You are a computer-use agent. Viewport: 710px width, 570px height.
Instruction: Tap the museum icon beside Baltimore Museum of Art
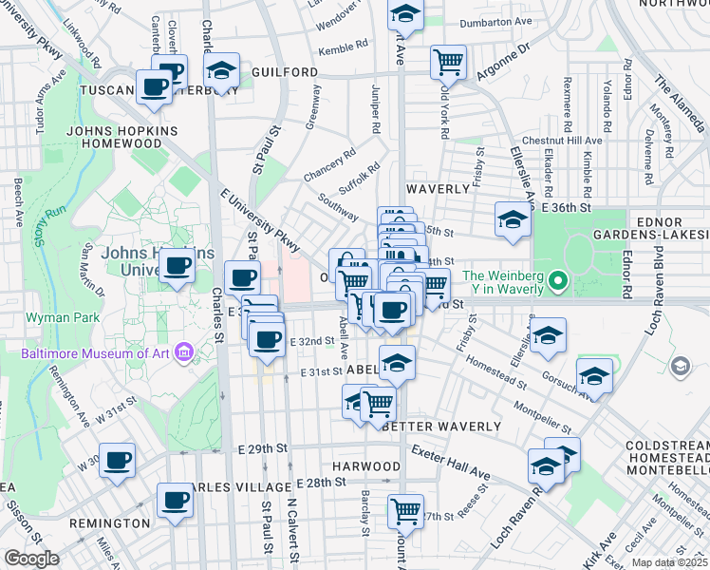pos(184,354)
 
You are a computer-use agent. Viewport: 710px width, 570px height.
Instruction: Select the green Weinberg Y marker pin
pos(559,283)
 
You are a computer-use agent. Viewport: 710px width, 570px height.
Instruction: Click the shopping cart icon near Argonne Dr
pos(448,63)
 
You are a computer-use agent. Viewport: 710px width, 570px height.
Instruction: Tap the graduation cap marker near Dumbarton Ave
pos(405,15)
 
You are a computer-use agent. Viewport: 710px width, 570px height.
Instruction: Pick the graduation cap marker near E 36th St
pos(513,219)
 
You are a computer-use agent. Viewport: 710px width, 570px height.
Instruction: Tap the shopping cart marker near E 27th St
pos(405,511)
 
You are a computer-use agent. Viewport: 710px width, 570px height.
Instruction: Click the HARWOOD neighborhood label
pos(366,466)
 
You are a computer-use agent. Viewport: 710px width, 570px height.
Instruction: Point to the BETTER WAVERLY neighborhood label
pos(441,427)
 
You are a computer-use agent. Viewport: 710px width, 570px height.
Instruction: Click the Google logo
pos(31,560)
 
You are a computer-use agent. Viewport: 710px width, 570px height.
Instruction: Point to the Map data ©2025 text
pos(669,562)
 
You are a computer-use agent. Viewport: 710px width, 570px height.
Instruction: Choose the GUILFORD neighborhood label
pos(285,72)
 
